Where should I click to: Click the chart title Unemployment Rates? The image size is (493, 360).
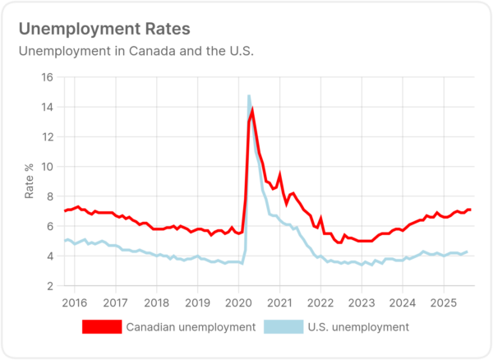pyautogui.click(x=104, y=29)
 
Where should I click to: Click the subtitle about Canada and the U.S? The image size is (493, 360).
pyautogui.click(x=136, y=51)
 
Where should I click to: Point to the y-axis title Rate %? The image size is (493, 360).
pyautogui.click(x=30, y=182)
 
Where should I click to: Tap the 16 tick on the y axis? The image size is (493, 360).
pyautogui.click(x=48, y=77)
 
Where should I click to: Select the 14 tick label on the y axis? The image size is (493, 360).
pyautogui.click(x=48, y=107)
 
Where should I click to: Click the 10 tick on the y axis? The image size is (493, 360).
pyautogui.click(x=48, y=167)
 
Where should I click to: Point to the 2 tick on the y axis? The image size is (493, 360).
pyautogui.click(x=51, y=286)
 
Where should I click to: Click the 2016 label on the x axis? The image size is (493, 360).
pyautogui.click(x=75, y=301)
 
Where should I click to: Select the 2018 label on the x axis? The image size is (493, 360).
pyautogui.click(x=156, y=301)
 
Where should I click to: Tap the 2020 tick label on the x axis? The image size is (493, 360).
pyautogui.click(x=238, y=301)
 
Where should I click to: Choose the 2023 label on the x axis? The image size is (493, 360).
pyautogui.click(x=362, y=301)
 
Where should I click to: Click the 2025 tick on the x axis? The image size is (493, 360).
pyautogui.click(x=444, y=301)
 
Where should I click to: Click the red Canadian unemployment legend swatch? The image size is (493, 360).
pyautogui.click(x=101, y=327)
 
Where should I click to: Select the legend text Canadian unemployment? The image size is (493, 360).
pyautogui.click(x=191, y=327)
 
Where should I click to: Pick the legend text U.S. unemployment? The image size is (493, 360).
pyautogui.click(x=358, y=327)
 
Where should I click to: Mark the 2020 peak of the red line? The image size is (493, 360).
pyautogui.click(x=252, y=110)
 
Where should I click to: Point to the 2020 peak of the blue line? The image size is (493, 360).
pyautogui.click(x=248, y=96)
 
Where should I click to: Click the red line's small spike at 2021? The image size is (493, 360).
pyautogui.click(x=280, y=174)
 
